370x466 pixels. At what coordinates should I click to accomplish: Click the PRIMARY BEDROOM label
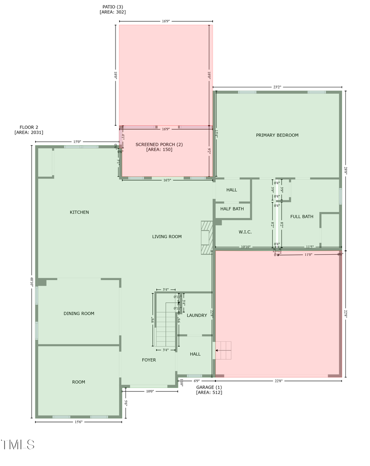coord(277,135)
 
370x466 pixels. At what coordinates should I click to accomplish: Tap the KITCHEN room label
coord(79,212)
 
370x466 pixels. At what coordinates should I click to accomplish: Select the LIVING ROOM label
coord(167,236)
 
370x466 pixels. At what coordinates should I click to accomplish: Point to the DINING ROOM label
coord(79,313)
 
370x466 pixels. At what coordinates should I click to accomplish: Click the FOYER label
coord(149,360)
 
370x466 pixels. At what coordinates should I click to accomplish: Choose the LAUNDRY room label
coord(197,315)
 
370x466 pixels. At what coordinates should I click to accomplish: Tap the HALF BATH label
coord(232,209)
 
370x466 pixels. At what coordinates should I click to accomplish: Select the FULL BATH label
coord(302,216)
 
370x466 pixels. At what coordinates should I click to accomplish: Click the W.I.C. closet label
coord(245,232)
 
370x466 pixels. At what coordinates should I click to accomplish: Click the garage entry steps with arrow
coord(223,350)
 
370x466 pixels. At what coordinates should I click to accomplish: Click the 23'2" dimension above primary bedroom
coord(277,87)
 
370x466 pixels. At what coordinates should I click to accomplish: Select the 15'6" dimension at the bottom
coord(78,422)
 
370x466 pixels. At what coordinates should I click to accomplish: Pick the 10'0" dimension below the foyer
coord(150,391)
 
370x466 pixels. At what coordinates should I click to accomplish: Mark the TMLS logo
coord(18,445)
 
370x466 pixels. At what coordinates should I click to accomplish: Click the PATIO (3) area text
coord(113,9)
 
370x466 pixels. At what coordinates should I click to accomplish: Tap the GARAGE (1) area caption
coord(209,390)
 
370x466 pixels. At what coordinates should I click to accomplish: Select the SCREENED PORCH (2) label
coord(159,147)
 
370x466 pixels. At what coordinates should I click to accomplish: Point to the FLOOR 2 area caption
coord(29,130)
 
